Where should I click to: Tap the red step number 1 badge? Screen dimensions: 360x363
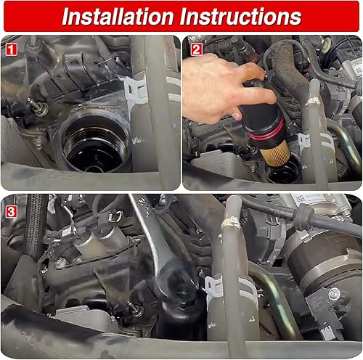(11, 50)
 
